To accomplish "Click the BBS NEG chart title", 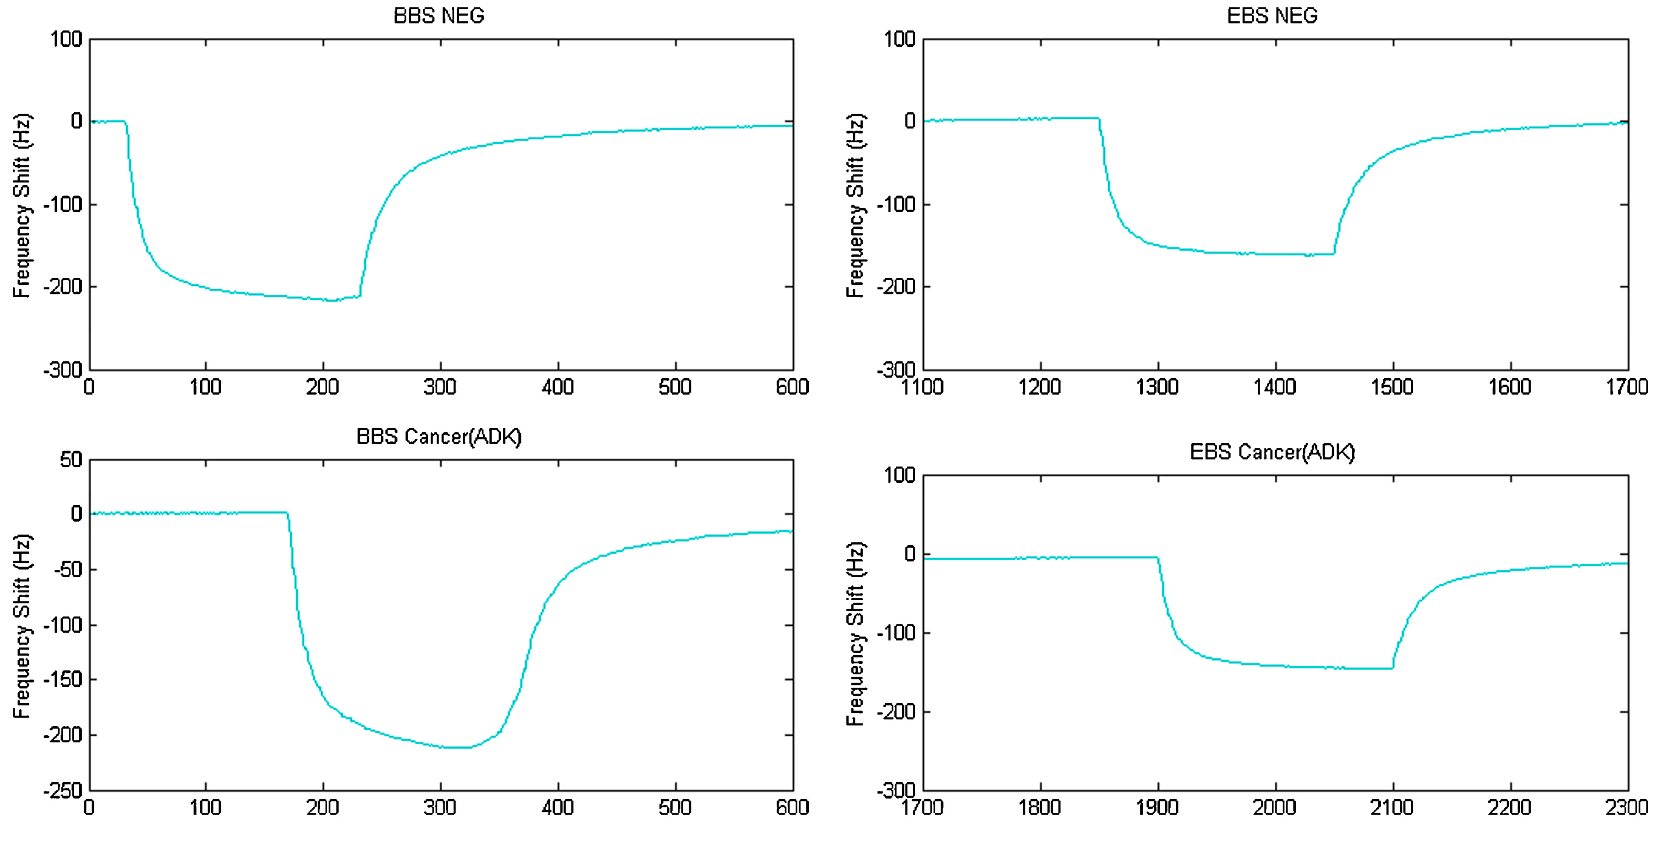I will point(439,16).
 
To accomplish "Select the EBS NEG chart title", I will point(1272,16).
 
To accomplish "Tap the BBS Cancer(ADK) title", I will point(439,437).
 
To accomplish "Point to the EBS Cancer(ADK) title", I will point(1272,452).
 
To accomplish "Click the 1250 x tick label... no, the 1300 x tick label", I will point(1157,387).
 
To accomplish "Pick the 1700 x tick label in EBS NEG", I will point(1627,387).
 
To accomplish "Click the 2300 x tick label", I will point(1627,807).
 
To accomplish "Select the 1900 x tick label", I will point(1157,807).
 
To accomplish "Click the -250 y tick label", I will point(63,790).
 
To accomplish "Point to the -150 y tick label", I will point(63,679).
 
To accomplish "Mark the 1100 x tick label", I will point(923,387).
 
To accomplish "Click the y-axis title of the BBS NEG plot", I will point(22,205).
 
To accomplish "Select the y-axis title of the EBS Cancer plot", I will point(855,634).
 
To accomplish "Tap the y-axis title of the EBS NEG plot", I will point(855,205).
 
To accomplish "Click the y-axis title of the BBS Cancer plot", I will point(22,626).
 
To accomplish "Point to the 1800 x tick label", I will point(1040,807).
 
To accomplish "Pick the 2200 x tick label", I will point(1509,807).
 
